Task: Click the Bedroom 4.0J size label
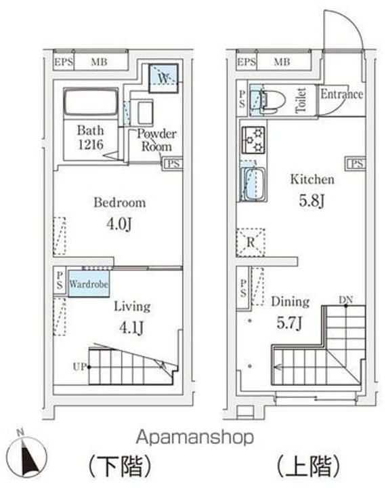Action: coord(119,224)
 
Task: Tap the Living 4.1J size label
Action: coord(131,327)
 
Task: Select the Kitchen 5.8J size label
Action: coord(312,201)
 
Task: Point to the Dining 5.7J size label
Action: coord(289,323)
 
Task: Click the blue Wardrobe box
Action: coord(89,283)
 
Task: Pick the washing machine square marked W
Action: coord(163,78)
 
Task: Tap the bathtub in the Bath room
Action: coord(91,102)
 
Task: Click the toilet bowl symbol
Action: coord(273,100)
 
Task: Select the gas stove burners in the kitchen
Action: coord(253,140)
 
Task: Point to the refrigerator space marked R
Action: coord(251,243)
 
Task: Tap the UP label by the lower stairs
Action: coord(79,367)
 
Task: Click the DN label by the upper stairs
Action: coord(345,300)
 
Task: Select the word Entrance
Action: coord(342,94)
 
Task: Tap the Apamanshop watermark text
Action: coord(195,437)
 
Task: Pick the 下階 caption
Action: coord(120,466)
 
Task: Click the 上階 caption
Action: coord(308,466)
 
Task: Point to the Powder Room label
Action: coord(156,140)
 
